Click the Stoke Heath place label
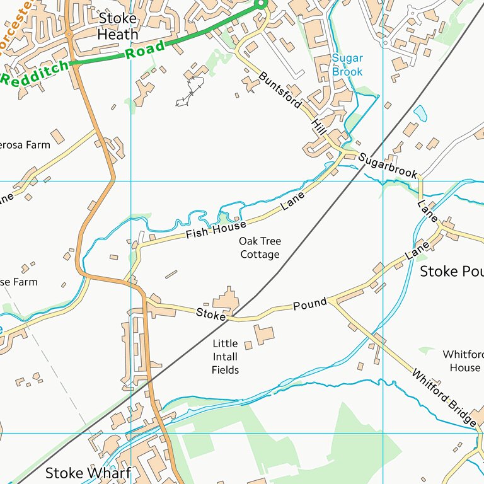coord(118,25)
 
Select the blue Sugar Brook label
coord(347,66)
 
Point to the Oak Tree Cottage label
coord(260,248)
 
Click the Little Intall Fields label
coord(225,357)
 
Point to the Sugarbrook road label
coord(388,165)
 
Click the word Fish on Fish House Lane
coord(197,234)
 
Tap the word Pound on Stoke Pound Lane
coord(310,305)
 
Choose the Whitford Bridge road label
coord(444,397)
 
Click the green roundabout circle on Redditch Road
coord(262,4)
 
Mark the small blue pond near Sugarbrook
coord(420,113)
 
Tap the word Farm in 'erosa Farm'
coord(38,145)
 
